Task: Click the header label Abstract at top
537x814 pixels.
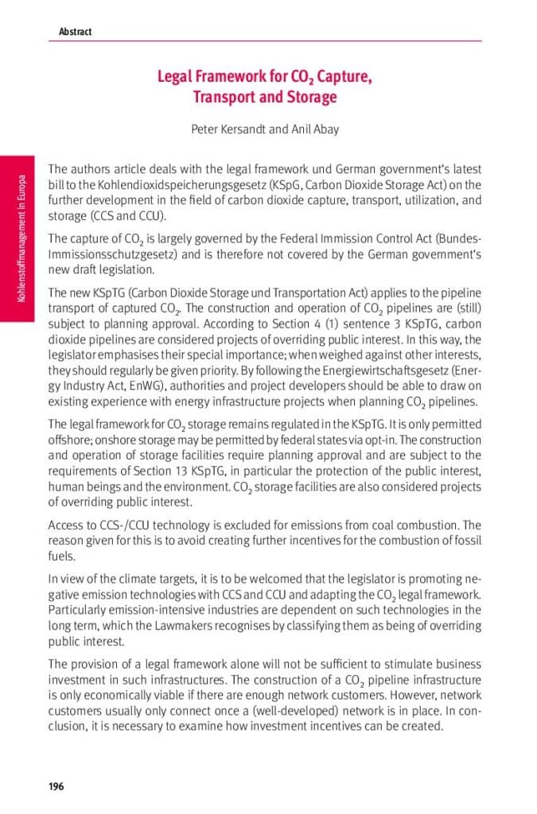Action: point(75,32)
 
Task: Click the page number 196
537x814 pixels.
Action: point(56,787)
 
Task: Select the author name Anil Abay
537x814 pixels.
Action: point(315,129)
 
